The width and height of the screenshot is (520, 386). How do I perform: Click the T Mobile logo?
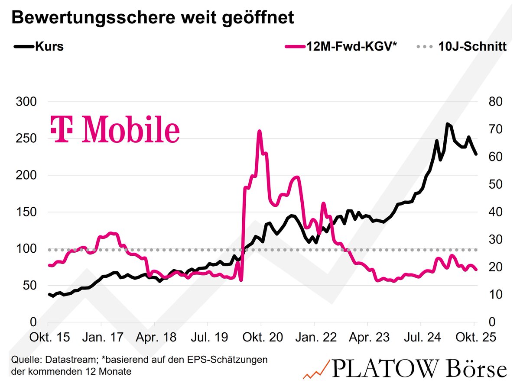[x=115, y=129]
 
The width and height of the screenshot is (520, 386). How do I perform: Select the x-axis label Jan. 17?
[x=101, y=338]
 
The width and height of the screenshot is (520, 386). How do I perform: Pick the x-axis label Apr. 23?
[x=367, y=338]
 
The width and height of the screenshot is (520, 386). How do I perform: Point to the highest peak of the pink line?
[x=260, y=131]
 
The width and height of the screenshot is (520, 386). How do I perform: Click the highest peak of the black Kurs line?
[x=447, y=124]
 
